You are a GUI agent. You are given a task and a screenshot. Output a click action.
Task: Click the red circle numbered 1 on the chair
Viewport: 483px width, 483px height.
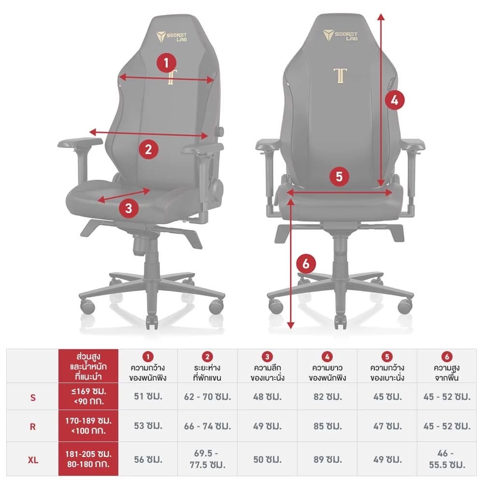167,63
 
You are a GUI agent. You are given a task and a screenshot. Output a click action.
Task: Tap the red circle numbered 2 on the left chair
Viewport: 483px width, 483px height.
148,149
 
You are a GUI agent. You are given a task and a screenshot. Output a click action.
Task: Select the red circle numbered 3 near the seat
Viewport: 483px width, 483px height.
128,209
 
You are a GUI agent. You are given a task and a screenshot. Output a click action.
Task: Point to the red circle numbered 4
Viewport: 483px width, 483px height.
395,100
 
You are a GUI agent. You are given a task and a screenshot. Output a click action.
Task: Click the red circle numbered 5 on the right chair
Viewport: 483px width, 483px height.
339,176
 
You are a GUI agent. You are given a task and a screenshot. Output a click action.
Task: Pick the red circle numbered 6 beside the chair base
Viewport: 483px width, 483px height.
306,264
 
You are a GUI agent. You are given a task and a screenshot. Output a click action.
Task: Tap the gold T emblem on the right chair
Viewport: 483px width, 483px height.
340,76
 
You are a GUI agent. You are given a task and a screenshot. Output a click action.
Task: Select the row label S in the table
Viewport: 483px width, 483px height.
33,397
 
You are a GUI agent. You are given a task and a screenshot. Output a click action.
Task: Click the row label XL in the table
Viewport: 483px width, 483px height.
33,459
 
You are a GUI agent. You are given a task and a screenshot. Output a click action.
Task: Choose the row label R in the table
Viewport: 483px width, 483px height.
33,426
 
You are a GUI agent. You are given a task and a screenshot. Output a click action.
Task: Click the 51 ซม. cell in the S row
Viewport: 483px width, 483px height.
148,397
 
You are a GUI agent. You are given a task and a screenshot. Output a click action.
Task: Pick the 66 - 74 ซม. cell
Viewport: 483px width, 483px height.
208,426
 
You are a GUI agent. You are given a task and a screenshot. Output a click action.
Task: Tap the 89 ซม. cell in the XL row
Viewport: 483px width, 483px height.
327,459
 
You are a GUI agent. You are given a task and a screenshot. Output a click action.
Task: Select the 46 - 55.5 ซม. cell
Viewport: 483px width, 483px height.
447,459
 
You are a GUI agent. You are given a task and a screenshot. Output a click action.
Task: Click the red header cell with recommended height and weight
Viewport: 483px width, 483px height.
88,366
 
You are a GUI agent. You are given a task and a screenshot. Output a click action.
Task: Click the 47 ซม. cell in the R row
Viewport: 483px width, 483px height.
387,426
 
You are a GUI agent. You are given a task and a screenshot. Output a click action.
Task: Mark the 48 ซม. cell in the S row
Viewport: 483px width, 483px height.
267,397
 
